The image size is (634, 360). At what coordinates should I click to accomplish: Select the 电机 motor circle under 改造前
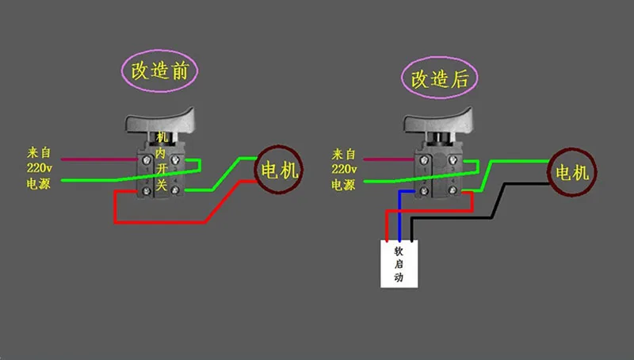coord(277,170)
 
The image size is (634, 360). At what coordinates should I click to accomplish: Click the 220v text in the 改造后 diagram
coord(344,169)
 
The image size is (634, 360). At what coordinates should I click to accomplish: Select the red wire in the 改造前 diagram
coord(158,222)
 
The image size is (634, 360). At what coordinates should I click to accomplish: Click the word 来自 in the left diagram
coord(39,151)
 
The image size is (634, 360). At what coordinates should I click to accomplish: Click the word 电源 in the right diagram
coord(344,185)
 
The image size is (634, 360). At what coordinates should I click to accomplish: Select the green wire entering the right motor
coord(515,160)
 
